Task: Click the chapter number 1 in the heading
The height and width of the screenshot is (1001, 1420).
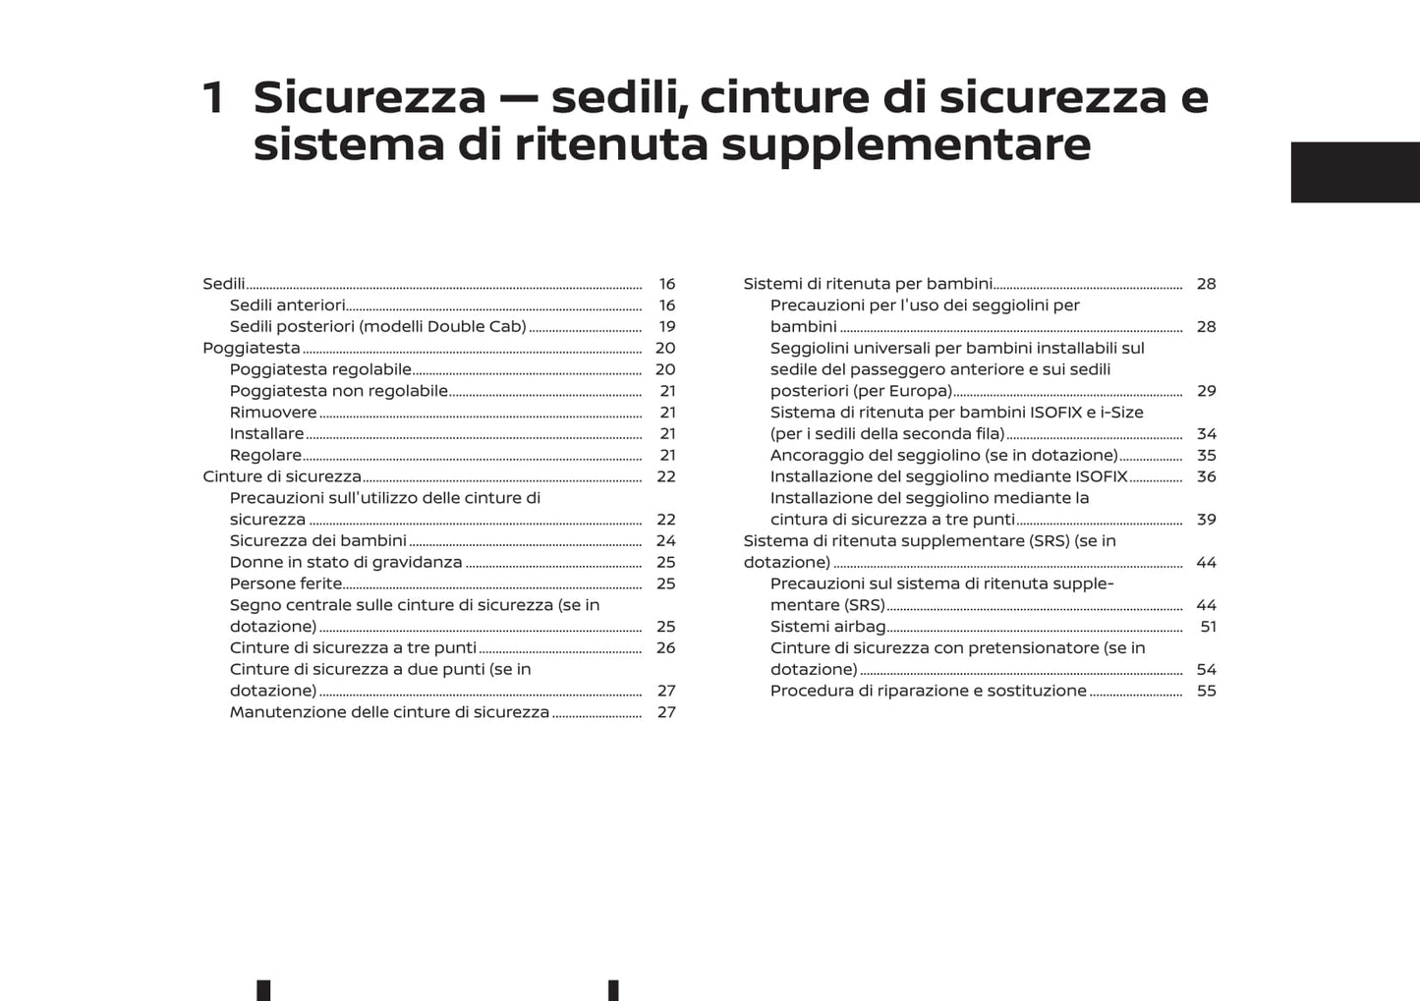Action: pyautogui.click(x=213, y=98)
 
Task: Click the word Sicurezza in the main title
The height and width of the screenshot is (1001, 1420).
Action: pyautogui.click(x=369, y=97)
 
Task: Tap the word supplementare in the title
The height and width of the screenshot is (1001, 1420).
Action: pyautogui.click(x=906, y=144)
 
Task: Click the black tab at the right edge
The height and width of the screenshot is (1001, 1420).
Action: pyautogui.click(x=1354, y=172)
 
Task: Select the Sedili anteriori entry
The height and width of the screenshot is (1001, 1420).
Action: pyautogui.click(x=287, y=306)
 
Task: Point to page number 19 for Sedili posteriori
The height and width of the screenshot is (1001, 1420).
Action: pyautogui.click(x=667, y=327)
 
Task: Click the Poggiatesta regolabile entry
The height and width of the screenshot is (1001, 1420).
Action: pyautogui.click(x=320, y=369)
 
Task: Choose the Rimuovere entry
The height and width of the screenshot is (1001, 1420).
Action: pyautogui.click(x=273, y=413)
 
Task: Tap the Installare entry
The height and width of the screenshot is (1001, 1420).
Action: pyautogui.click(x=266, y=434)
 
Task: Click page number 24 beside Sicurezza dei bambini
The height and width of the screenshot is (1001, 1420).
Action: pyautogui.click(x=666, y=541)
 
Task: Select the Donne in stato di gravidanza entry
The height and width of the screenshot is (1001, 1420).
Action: pyautogui.click(x=346, y=563)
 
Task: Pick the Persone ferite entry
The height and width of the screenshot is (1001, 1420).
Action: pyautogui.click(x=286, y=584)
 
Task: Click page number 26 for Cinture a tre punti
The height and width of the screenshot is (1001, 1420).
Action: pyautogui.click(x=666, y=648)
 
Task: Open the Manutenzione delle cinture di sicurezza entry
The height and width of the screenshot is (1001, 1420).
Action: pyautogui.click(x=389, y=712)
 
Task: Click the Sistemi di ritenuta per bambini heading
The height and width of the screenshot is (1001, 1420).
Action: pyautogui.click(x=868, y=284)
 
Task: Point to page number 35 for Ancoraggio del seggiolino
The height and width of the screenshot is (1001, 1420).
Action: pyautogui.click(x=1207, y=456)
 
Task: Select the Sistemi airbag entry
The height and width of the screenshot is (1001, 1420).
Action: pyautogui.click(x=827, y=627)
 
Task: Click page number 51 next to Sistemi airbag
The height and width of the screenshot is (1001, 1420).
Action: pyautogui.click(x=1208, y=627)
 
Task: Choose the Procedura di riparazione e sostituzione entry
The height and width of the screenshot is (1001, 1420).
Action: pyautogui.click(x=928, y=691)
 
